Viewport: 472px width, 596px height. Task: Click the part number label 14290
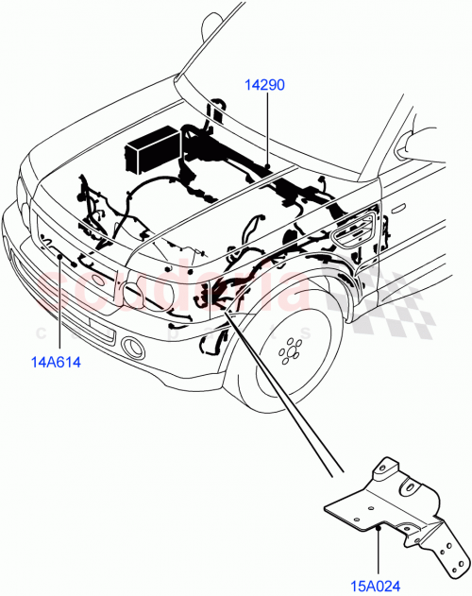(x=264, y=85)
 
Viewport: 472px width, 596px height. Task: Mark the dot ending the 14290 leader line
(x=267, y=168)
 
